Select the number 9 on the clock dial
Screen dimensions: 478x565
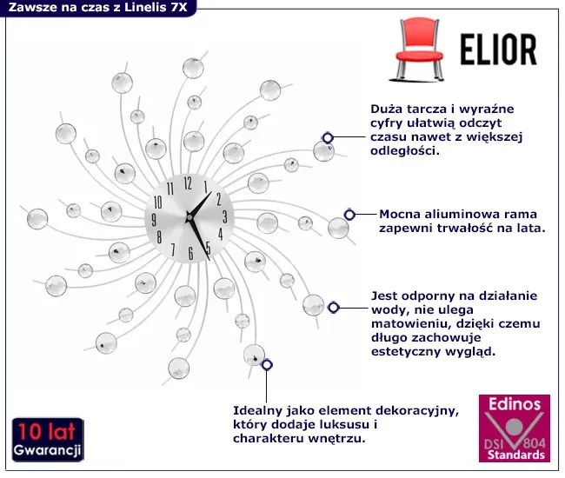pos(157,218)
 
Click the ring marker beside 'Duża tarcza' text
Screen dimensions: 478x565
pos(328,137)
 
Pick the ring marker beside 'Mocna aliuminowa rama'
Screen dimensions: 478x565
pos(349,214)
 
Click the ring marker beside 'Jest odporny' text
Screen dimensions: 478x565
pos(332,307)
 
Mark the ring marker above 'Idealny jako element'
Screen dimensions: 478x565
pos(266,365)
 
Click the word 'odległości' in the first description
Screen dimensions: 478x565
pos(405,149)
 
